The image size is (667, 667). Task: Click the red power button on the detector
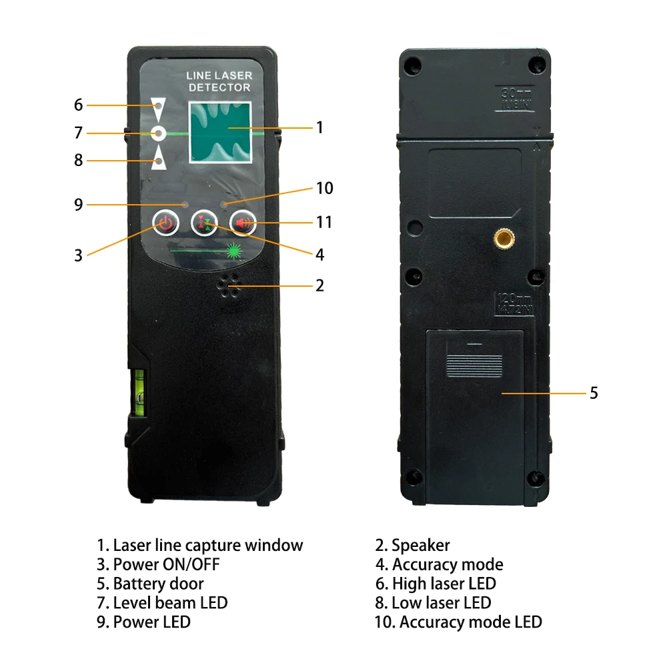(165, 223)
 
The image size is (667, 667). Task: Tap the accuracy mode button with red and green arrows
(203, 223)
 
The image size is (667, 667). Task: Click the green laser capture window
(219, 133)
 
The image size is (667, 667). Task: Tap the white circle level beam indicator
(158, 133)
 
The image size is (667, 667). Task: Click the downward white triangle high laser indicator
(158, 105)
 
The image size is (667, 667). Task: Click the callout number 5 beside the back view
(594, 393)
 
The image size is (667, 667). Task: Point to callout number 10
(324, 189)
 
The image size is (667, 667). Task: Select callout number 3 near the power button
(79, 255)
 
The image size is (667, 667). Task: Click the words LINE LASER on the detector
(218, 77)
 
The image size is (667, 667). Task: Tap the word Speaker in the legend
(420, 546)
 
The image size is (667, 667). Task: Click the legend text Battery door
(158, 584)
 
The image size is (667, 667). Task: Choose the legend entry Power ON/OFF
(165, 565)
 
